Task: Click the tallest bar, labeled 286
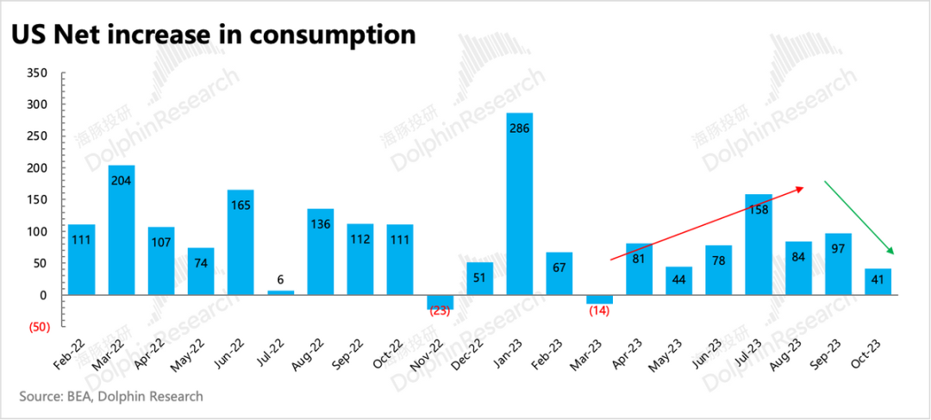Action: tap(520, 204)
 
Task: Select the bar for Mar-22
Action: tap(122, 229)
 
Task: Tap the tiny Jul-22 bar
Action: tap(281, 292)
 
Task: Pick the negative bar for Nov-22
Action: tap(441, 301)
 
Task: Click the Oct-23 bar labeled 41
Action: tap(878, 282)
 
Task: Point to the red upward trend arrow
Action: tap(707, 223)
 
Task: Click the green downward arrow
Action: tap(859, 216)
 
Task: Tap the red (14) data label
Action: tap(600, 310)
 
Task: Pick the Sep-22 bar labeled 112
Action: tap(360, 259)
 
